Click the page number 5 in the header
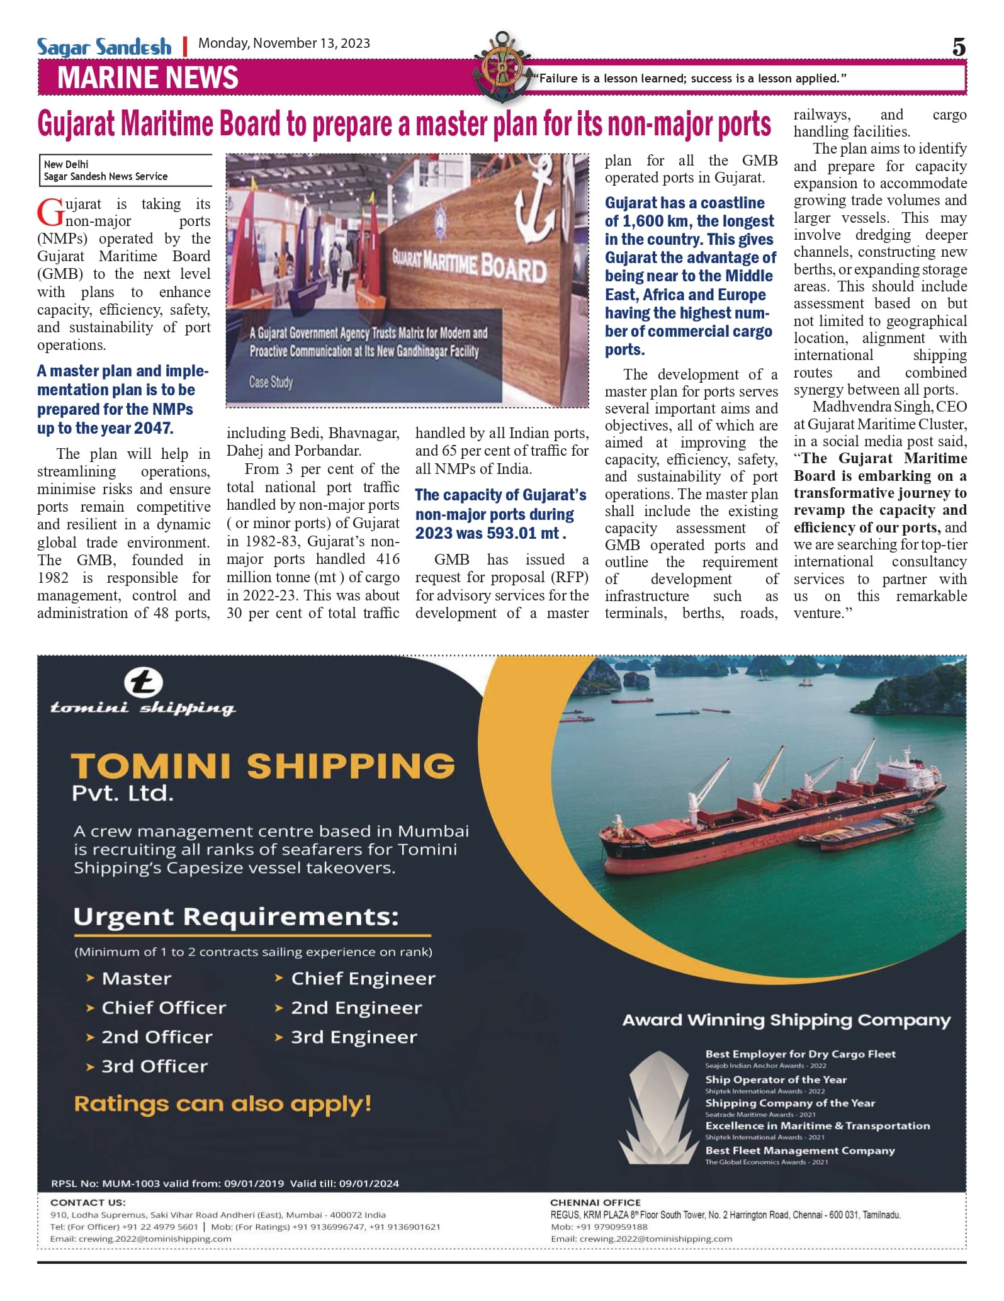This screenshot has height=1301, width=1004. pos(958,47)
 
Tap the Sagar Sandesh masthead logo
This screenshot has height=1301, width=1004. pos(104,47)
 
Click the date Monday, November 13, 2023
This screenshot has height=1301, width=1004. pos(284,43)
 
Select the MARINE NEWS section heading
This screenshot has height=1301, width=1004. pos(148,78)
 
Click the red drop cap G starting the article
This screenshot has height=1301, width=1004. pos(50,212)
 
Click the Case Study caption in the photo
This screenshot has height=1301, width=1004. pos(271,382)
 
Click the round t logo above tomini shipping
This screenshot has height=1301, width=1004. pos(143,684)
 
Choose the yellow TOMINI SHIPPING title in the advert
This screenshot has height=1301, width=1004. pos(262,766)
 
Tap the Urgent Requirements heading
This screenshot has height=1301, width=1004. pos(236,917)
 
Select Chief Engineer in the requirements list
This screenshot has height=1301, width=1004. pos(363,979)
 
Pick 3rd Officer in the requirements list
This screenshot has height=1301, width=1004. pos(154,1067)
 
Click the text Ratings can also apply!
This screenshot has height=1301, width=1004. pos(223,1104)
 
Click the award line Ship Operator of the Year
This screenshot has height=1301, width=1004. pos(776,1079)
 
